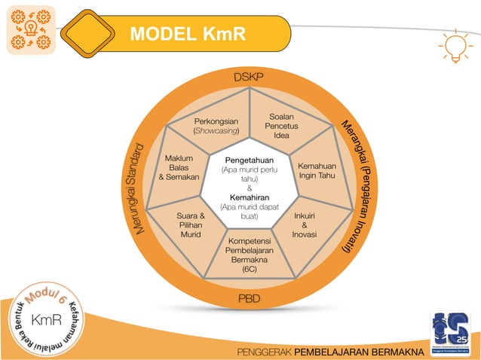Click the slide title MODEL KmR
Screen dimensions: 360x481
tap(188, 34)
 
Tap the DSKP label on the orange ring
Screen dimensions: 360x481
tap(248, 78)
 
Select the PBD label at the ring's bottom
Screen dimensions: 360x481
tap(249, 300)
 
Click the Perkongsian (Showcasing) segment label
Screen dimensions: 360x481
tap(217, 126)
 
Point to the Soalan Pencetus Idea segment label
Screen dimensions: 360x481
tap(281, 126)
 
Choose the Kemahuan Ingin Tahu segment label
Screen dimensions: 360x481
tap(317, 170)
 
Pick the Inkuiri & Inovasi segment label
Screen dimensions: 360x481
tap(304, 224)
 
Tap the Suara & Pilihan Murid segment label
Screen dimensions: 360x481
tap(190, 225)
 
